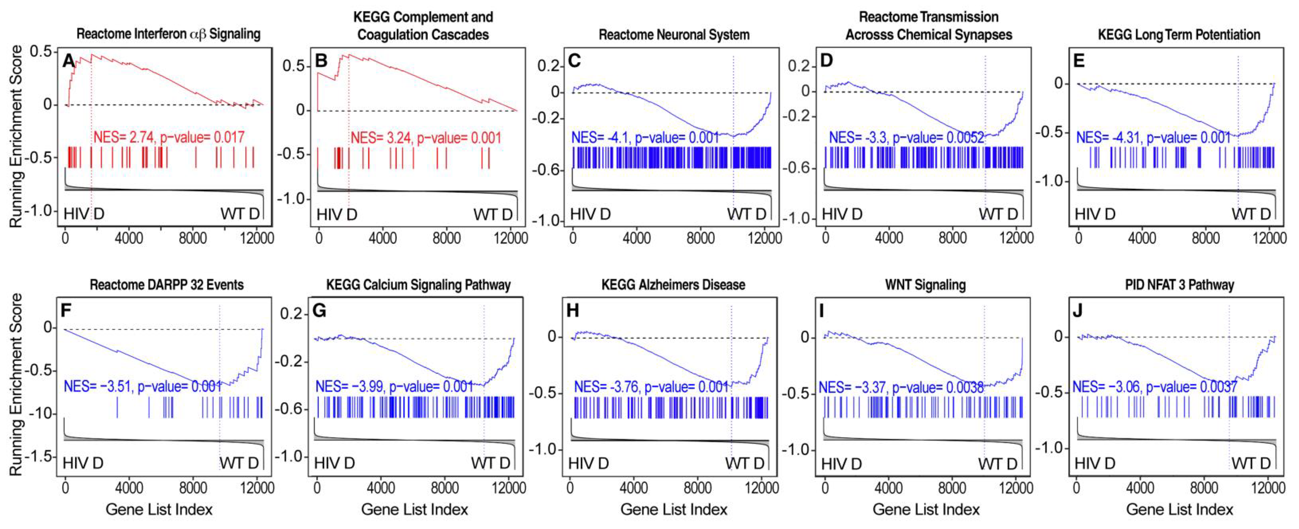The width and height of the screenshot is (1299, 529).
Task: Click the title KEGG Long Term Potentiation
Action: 1179,34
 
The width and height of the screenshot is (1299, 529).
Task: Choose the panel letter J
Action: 1077,310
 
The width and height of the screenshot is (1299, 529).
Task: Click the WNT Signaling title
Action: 925,285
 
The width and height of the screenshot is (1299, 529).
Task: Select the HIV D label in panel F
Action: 83,463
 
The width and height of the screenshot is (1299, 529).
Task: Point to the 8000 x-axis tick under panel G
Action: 445,488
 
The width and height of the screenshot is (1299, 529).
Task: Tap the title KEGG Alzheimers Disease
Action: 673,285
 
